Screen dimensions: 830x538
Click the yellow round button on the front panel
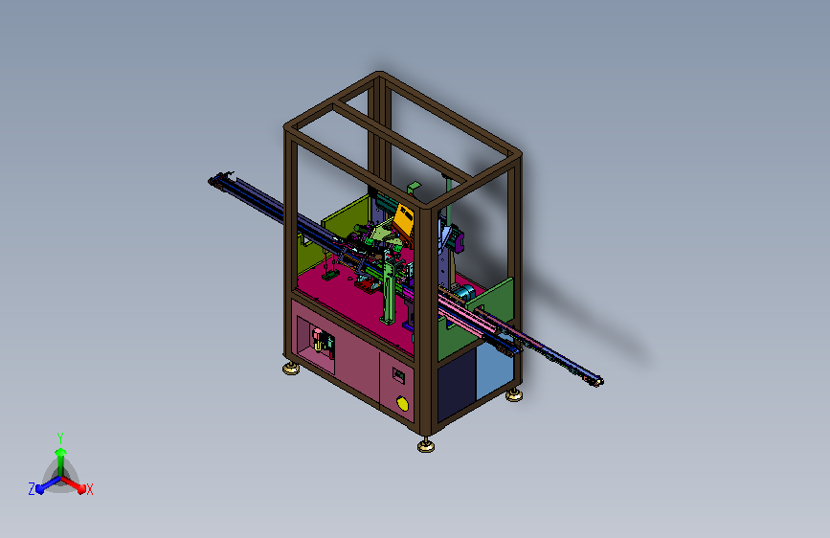click(402, 404)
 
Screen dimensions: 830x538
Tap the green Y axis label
click(60, 437)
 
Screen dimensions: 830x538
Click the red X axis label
click(89, 490)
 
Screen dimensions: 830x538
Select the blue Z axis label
click(32, 489)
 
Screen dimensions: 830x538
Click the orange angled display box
click(403, 222)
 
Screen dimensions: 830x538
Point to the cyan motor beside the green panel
click(464, 293)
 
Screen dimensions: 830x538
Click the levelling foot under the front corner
click(426, 446)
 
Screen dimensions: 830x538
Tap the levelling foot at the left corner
click(291, 369)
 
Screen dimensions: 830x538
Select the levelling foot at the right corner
click(513, 395)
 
